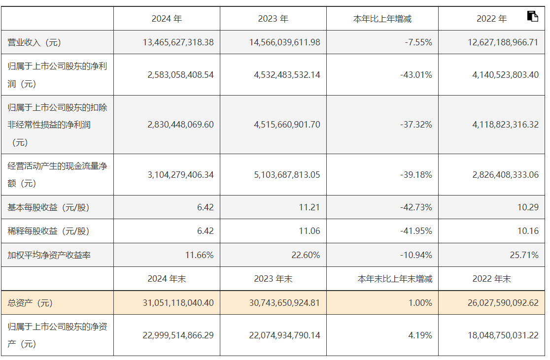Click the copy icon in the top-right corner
click(x=532, y=16)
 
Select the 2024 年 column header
click(x=167, y=19)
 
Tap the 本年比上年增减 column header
click(x=382, y=19)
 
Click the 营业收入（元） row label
click(x=34, y=42)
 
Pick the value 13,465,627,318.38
click(x=178, y=42)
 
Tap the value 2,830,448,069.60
click(x=180, y=125)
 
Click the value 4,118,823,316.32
click(x=505, y=125)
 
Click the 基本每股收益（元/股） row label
click(x=48, y=207)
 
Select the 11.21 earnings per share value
click(x=309, y=207)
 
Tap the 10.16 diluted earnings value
click(x=528, y=231)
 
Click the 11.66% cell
click(x=199, y=255)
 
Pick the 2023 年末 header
click(x=273, y=279)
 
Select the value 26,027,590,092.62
click(x=503, y=303)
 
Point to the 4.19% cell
click(x=420, y=335)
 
